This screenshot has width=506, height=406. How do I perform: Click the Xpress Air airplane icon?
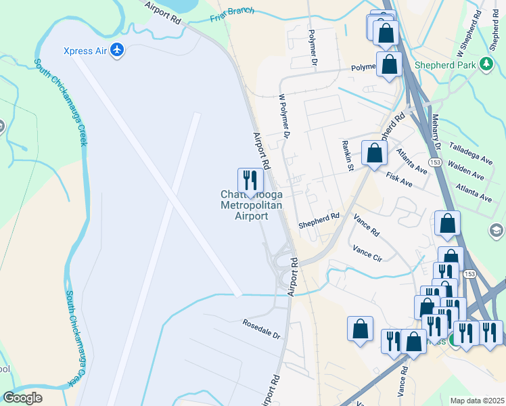pyautogui.click(x=118, y=50)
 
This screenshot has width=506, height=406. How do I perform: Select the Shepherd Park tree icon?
pyautogui.click(x=485, y=64)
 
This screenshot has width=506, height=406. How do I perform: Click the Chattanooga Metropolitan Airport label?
pyautogui.click(x=251, y=205)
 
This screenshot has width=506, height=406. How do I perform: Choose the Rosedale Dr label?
pyautogui.click(x=262, y=329)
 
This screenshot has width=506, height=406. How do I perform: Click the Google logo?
pyautogui.click(x=22, y=398)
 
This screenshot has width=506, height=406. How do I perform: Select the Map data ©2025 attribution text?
pyautogui.click(x=477, y=401)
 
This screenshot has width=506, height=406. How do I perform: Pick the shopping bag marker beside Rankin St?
pyautogui.click(x=374, y=154)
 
